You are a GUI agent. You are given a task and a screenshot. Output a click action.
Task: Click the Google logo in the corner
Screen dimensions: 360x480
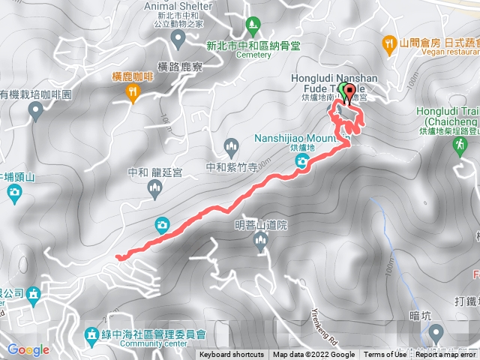click(28, 349)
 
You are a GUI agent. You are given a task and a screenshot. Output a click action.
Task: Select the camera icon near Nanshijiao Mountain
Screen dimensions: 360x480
click(301, 163)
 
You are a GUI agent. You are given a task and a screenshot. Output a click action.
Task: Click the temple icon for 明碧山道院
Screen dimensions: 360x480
click(260, 240)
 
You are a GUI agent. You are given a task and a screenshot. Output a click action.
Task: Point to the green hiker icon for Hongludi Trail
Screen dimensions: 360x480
click(459, 146)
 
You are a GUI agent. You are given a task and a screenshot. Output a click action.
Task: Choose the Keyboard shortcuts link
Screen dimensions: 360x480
click(232, 355)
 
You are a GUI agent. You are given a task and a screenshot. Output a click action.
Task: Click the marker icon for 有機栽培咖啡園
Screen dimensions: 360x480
click(34, 112)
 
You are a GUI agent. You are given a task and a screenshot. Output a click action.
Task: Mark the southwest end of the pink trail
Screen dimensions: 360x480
click(118, 257)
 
